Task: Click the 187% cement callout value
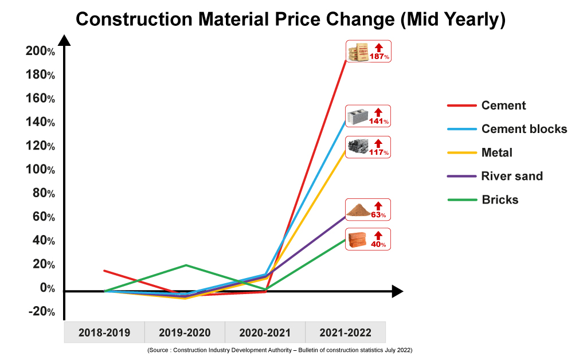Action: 380,57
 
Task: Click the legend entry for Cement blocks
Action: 524,129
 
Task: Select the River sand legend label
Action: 512,176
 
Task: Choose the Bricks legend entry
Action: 500,199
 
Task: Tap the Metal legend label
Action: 497,152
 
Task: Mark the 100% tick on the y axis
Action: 40,170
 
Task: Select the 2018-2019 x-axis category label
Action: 104,332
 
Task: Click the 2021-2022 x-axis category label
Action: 345,332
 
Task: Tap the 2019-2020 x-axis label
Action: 185,332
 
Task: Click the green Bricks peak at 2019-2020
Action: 186,265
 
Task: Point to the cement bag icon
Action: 359,52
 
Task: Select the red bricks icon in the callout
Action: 358,238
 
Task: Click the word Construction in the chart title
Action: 134,19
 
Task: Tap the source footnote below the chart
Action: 280,350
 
